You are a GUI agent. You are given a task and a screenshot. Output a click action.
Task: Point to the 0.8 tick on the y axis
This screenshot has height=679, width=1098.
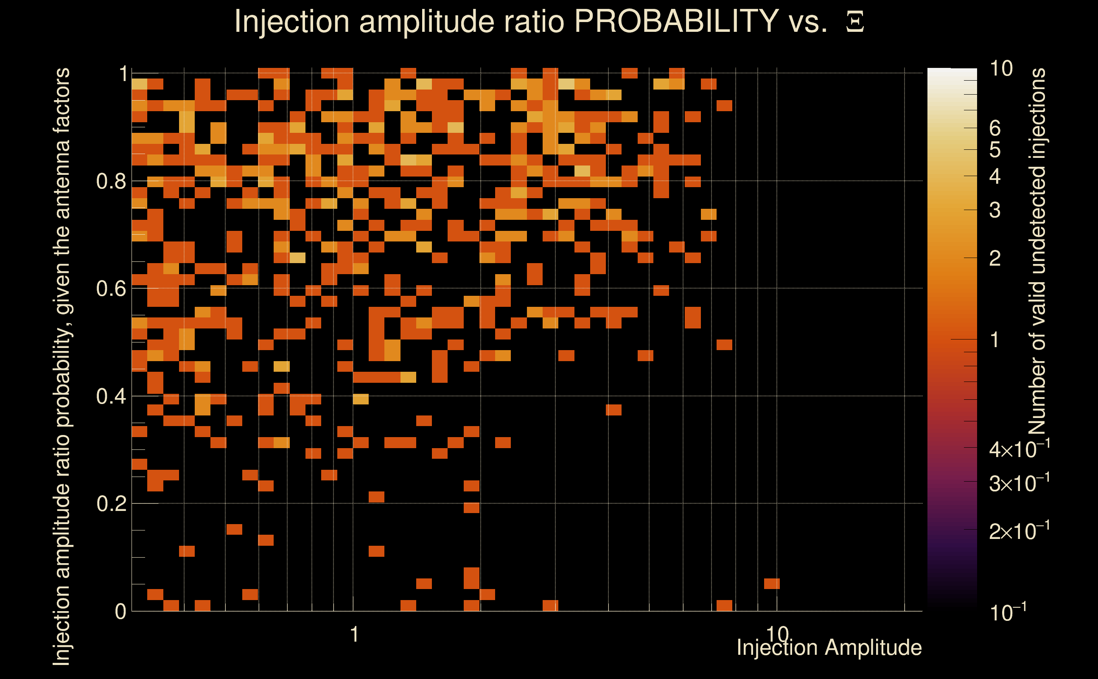(x=111, y=182)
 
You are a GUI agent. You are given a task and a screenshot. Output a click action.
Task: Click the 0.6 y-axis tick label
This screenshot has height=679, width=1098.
(x=111, y=288)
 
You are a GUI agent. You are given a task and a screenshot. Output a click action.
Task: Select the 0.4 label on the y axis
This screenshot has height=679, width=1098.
(x=111, y=396)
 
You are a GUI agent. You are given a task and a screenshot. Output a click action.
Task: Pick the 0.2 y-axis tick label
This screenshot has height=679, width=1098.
(x=111, y=504)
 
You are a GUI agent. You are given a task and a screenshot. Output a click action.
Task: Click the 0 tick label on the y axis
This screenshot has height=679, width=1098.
(x=120, y=612)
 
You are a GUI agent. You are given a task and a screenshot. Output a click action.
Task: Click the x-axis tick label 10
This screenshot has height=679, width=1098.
(x=777, y=634)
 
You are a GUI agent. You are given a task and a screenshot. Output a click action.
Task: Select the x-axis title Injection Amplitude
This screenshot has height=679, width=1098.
(x=829, y=648)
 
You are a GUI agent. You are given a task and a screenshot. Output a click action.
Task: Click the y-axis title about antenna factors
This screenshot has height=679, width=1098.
(x=62, y=366)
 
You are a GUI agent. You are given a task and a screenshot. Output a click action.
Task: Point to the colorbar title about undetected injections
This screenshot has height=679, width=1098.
(x=1038, y=252)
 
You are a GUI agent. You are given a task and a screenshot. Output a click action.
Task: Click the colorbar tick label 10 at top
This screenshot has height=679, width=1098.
(x=1001, y=69)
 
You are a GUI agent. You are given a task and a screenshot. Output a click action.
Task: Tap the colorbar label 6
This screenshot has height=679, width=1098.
(x=995, y=129)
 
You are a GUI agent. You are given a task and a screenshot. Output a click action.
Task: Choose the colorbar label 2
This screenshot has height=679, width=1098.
(x=995, y=258)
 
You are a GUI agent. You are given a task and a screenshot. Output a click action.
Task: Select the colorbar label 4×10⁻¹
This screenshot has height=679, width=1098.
(x=1020, y=449)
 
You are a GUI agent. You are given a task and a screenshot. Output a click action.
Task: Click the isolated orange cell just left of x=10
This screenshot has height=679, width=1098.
(x=772, y=584)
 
